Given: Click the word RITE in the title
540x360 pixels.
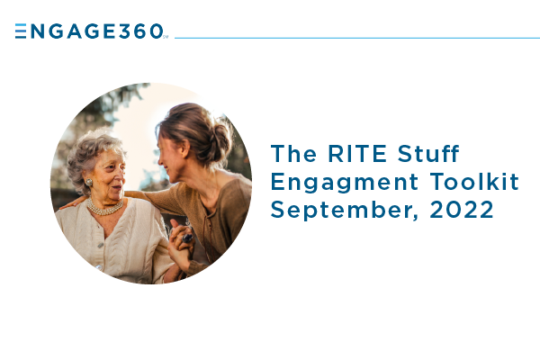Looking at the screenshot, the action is point(357,154).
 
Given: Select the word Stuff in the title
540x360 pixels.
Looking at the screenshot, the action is point(428,153).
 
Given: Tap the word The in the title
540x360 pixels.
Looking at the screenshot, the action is point(293,154).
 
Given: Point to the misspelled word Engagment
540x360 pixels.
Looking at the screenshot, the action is point(345,183).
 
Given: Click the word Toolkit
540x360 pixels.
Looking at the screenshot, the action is point(474,181).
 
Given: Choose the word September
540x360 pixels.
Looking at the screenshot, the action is point(345,211).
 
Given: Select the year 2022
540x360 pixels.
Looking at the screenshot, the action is point(462,210).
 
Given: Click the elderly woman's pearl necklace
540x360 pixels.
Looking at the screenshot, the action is point(104,207).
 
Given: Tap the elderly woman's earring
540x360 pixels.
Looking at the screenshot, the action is point(89,182).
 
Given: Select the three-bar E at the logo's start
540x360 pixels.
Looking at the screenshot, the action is point(21,31).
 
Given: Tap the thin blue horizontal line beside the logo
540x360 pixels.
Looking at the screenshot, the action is point(357,38).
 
